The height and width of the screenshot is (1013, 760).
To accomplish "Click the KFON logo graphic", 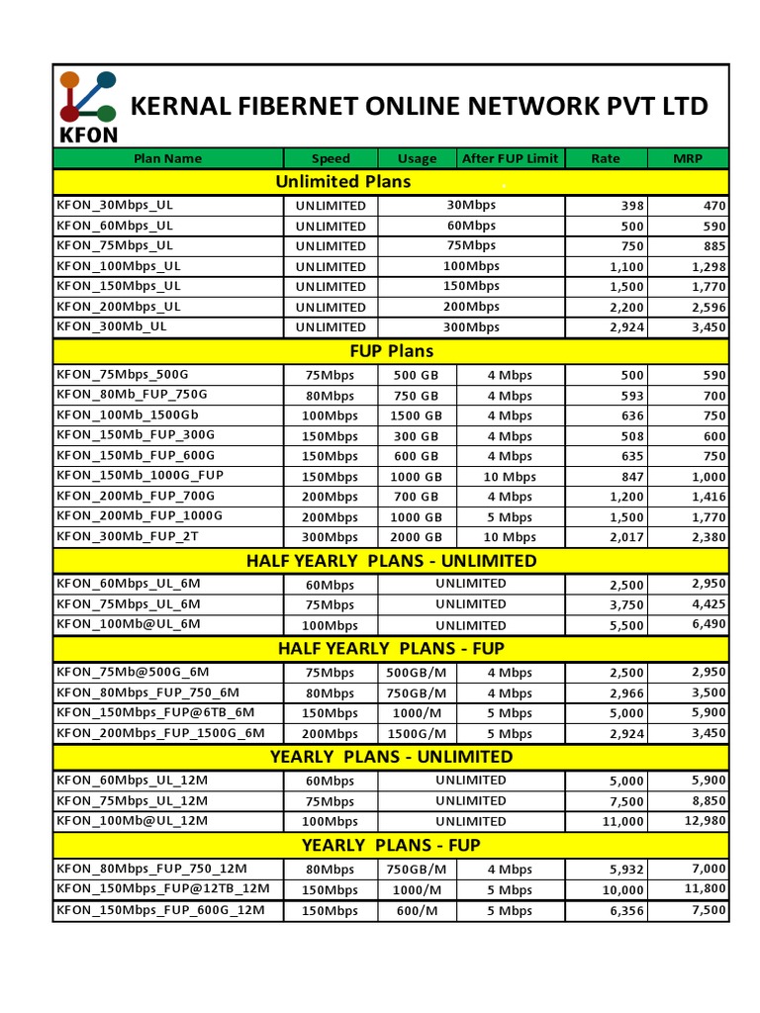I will point(87,105).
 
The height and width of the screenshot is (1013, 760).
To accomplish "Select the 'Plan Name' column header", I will point(167,158).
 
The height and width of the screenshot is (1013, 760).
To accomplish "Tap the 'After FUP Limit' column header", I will point(510,158).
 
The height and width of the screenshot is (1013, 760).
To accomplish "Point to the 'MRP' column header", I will point(688,158).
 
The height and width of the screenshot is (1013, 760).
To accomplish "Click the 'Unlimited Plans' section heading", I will point(342,182).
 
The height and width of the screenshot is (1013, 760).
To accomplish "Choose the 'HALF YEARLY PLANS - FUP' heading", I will point(391,649).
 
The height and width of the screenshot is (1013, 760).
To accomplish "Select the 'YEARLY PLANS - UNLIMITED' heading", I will point(391,757).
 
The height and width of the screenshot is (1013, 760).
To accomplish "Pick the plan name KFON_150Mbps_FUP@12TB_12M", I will point(163,889).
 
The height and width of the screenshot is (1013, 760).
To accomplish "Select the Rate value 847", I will point(632,476).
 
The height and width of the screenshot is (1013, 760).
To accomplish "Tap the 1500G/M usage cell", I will point(416,733).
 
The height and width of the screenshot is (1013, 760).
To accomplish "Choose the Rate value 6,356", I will point(626,910).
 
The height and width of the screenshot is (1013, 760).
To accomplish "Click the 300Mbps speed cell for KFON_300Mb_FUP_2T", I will point(331,537).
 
